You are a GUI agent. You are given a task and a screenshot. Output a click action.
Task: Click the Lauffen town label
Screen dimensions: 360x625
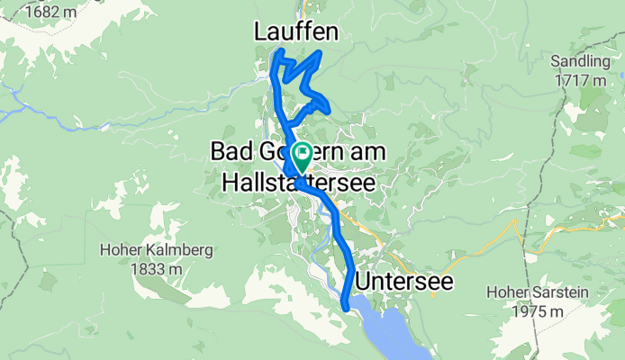coord(296,32)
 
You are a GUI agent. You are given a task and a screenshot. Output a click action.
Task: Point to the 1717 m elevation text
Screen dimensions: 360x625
coord(581,80)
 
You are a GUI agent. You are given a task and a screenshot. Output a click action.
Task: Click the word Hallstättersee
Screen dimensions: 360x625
coord(293,182)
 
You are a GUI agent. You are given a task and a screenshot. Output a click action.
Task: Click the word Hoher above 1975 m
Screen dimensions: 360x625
coord(510,292)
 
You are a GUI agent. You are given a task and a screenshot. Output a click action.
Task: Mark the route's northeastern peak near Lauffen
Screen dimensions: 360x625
coord(321,56)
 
